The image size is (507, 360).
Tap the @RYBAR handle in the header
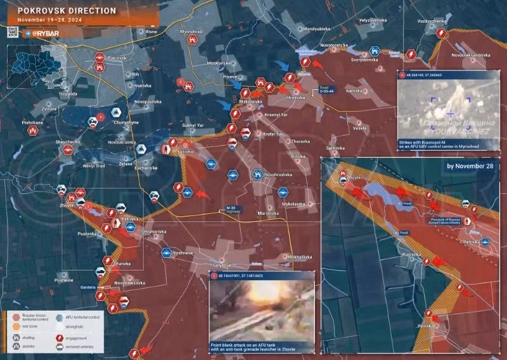coord(46,31)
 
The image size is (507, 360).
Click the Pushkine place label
coord(64,280)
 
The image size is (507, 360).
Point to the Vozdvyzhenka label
coord(432,21)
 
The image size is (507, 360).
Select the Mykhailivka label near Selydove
coord(299,256)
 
